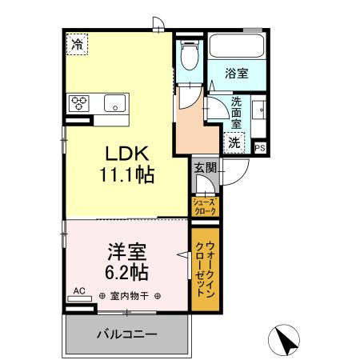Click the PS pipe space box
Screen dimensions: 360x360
click(260, 147)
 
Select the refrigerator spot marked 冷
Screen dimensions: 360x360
click(77, 45)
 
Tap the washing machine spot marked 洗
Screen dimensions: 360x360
click(234, 142)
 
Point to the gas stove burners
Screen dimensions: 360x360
click(82, 102)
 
